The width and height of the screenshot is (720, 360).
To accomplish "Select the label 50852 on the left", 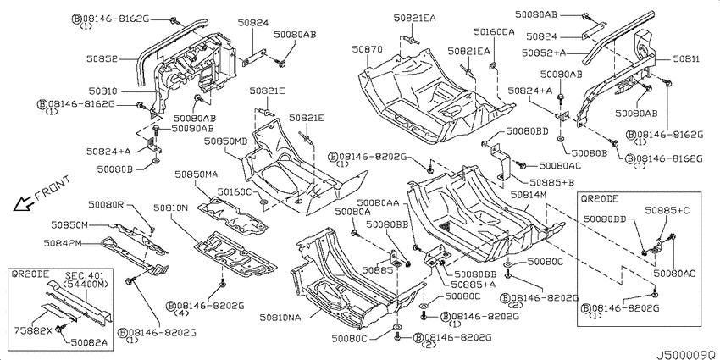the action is click(x=101, y=58).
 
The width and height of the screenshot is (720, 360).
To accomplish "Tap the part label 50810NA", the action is click(x=280, y=318).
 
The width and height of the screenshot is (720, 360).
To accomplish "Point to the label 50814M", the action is click(x=528, y=195).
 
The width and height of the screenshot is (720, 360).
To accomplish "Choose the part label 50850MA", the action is click(x=196, y=174).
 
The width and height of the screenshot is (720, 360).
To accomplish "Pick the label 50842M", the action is click(x=63, y=243).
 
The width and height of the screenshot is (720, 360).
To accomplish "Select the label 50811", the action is click(x=686, y=59).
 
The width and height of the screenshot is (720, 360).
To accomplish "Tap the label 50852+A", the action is click(x=543, y=53).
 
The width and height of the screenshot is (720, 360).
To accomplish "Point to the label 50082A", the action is click(x=90, y=342).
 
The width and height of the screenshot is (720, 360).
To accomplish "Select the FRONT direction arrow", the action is click(x=21, y=203).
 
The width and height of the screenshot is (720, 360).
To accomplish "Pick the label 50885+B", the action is click(x=552, y=182).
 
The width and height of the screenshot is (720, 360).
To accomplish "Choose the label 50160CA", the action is click(x=494, y=31).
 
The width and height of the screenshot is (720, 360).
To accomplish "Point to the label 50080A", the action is click(x=352, y=211).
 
